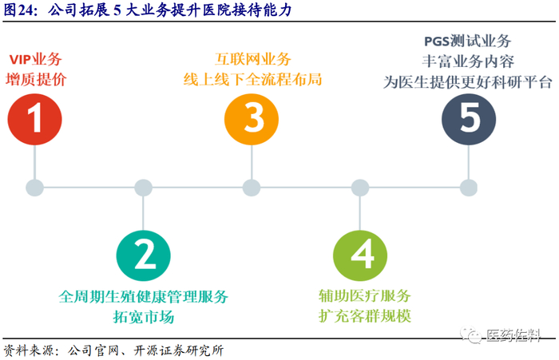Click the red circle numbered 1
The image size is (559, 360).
[34, 119]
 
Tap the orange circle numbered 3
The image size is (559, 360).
[252, 119]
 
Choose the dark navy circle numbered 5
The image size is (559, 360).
[470, 119]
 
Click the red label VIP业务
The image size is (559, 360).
[35, 59]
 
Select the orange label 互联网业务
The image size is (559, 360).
[253, 59]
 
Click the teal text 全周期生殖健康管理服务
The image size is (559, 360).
[144, 296]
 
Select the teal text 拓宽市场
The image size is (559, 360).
[144, 316]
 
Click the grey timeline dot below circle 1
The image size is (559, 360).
[34, 188]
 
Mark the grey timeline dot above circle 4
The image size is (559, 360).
[361, 188]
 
